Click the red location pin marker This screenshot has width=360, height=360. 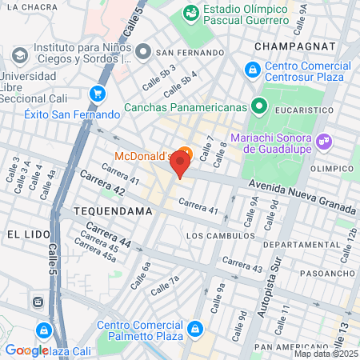pyautogui.click(x=180, y=164)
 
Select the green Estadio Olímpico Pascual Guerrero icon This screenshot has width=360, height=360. pyautogui.click(x=190, y=13)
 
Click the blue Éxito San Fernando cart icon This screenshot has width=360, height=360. pyautogui.click(x=98, y=94)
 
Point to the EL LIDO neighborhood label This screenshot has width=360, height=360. pyautogui.click(x=24, y=234)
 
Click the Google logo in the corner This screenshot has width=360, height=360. pyautogui.click(x=26, y=350)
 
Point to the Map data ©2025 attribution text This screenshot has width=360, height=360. pyautogui.click(x=326, y=354)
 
